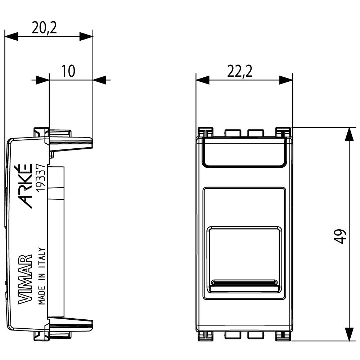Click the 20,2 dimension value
click(44, 28)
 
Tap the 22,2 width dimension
click(239, 72)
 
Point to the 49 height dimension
click(341, 237)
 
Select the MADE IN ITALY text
click(41, 276)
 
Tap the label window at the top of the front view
click(244, 153)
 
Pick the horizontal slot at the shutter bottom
click(244, 282)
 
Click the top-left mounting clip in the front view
click(205, 131)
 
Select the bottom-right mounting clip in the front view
click(283, 336)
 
